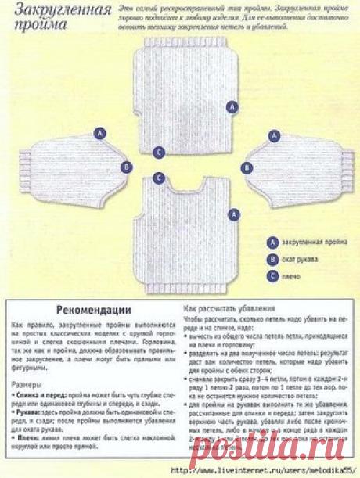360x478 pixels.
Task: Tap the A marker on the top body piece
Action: point(232,106)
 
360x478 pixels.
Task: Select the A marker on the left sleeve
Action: point(100,134)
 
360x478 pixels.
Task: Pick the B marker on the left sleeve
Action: point(126,166)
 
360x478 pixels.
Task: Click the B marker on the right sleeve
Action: point(247,167)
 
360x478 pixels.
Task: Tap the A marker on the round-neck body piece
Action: point(232,214)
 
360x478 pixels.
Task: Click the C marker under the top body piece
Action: point(159,152)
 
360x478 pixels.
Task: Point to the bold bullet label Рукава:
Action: point(30,412)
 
